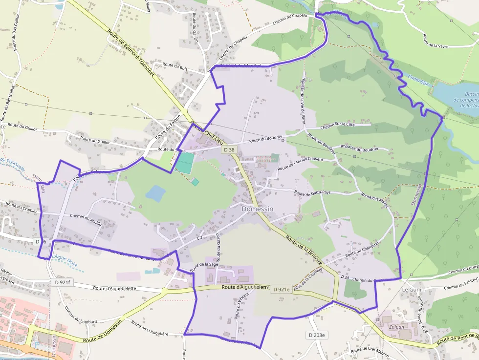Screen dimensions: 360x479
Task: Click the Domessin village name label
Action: click(258, 209)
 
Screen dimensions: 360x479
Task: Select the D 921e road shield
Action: click(282, 289)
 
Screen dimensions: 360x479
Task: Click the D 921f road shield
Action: click(63, 282)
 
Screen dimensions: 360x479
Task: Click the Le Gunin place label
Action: click(413, 290)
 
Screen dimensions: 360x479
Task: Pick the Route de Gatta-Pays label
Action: click(312, 193)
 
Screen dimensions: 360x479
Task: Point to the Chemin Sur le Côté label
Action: click(337, 126)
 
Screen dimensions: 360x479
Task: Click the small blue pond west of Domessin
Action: click(155, 193)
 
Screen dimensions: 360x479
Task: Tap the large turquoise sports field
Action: click(184, 163)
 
